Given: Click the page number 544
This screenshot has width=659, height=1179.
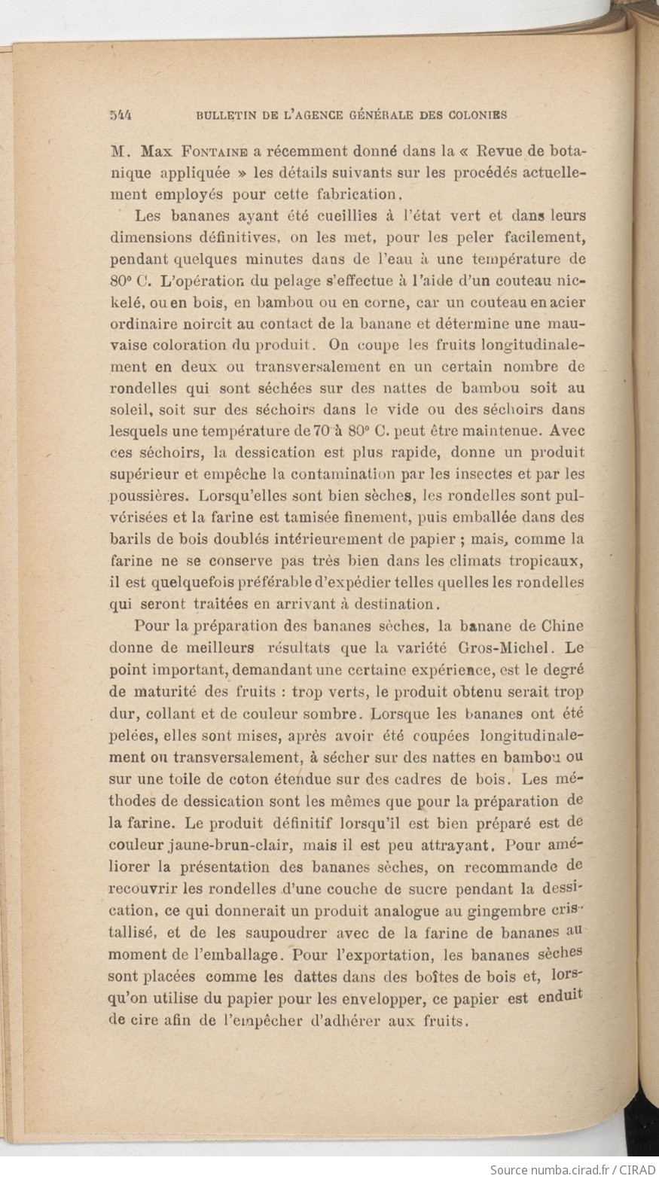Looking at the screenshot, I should [121, 115].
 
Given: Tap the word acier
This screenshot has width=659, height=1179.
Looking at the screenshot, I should [566, 303].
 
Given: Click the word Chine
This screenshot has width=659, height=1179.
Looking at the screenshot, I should [564, 626].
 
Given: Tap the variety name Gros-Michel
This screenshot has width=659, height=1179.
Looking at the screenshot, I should [509, 647].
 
